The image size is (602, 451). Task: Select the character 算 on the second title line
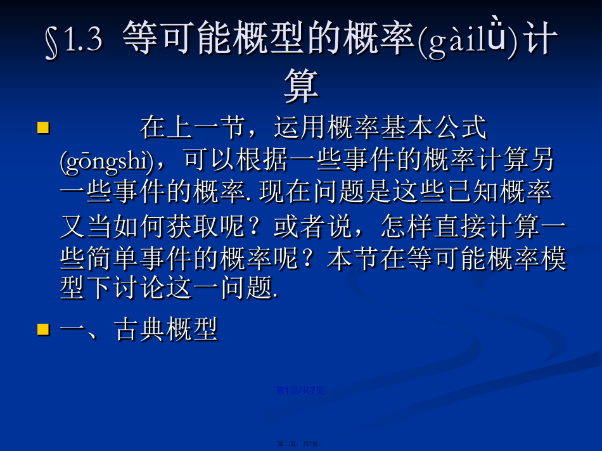point(302,86)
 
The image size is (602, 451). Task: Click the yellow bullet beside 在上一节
point(43,127)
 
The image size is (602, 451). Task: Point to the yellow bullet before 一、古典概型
point(43,329)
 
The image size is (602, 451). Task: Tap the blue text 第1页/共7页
point(300,390)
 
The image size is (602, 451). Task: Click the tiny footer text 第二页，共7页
point(299,443)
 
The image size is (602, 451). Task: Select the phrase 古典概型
point(166,329)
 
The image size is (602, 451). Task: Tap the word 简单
point(113,258)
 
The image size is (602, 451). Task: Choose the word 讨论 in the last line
point(139,288)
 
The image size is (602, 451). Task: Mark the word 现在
point(285,191)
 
